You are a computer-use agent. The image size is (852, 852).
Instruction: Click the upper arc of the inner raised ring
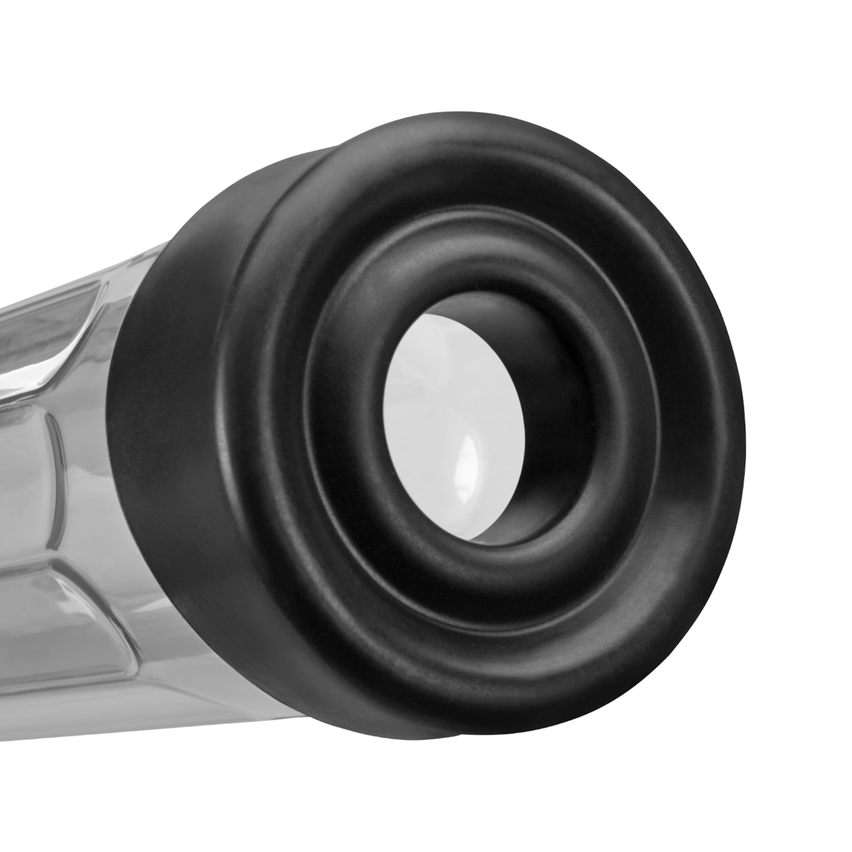click(x=476, y=247)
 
